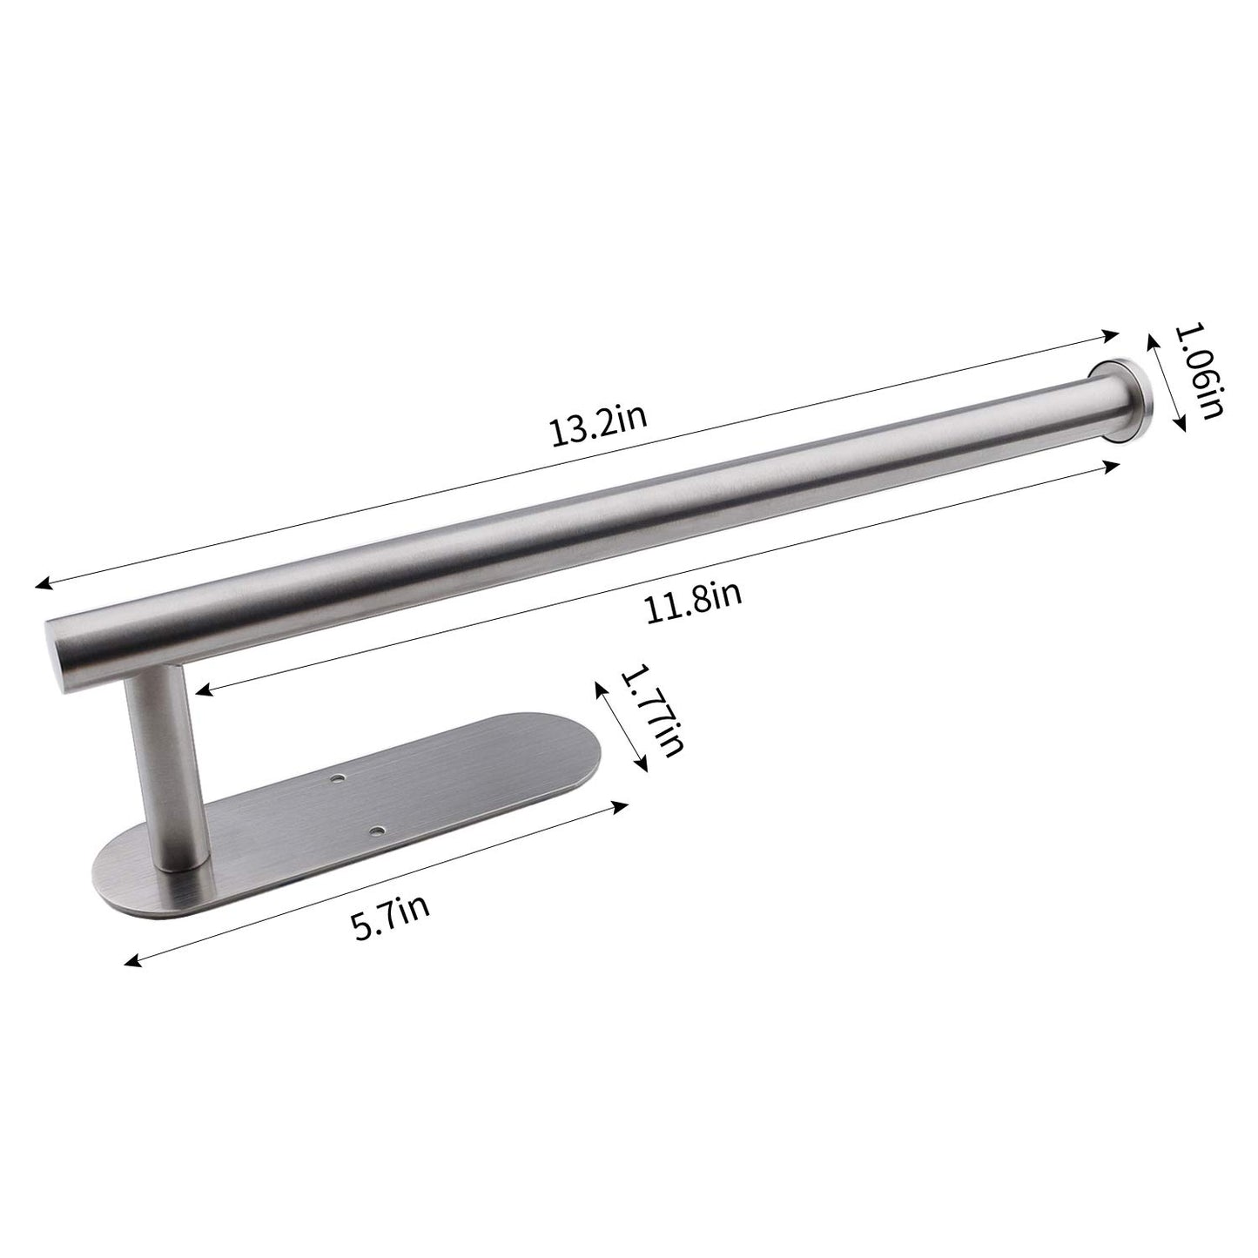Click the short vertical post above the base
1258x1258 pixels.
[x=159, y=766]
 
